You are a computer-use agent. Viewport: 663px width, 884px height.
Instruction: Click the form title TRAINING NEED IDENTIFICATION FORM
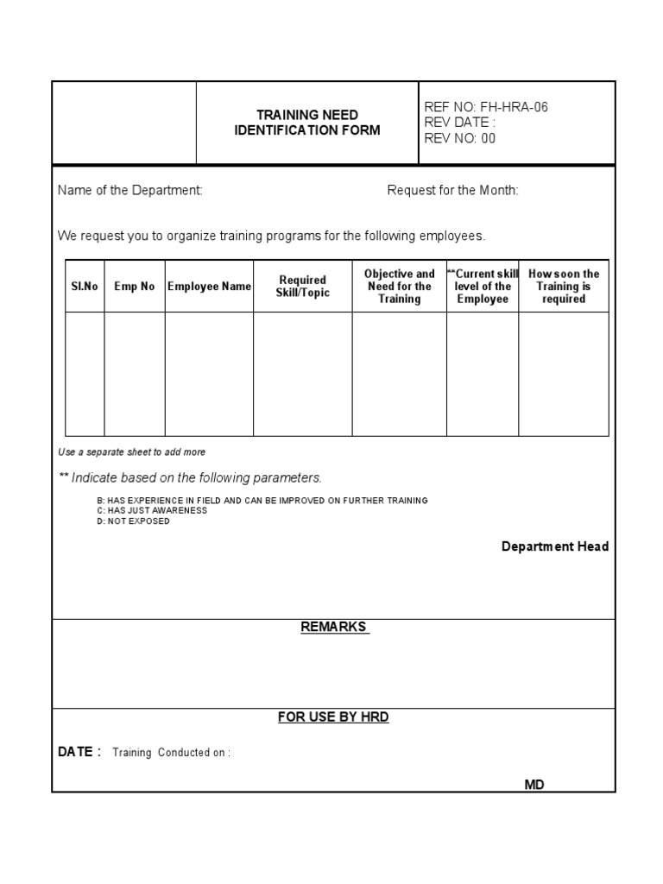[306, 123]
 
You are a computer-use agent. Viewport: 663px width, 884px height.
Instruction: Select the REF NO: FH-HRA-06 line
[486, 107]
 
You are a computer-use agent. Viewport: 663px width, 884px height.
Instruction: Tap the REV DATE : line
[460, 123]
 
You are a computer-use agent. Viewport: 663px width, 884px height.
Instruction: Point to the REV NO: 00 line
[460, 138]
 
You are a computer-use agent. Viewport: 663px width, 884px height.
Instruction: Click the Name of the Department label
[130, 190]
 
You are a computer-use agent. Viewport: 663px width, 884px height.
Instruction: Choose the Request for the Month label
[452, 190]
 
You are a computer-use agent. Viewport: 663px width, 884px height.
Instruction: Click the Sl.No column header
[85, 287]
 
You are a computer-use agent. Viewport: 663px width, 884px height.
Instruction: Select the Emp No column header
[135, 287]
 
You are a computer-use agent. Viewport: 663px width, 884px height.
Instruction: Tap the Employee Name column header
[209, 287]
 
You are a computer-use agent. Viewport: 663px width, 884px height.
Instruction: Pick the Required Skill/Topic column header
[302, 287]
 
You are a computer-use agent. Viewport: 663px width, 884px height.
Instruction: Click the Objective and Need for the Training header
[399, 287]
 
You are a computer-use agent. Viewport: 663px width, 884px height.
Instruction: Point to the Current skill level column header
[483, 287]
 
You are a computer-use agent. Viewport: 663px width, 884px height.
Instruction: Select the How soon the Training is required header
[564, 287]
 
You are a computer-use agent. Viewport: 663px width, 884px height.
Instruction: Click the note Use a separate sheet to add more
[131, 452]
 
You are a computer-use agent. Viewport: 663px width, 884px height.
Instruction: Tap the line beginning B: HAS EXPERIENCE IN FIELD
[262, 501]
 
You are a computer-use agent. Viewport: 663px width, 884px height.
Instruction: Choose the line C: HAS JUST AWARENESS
[152, 510]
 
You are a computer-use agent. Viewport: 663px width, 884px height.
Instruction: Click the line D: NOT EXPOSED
[133, 521]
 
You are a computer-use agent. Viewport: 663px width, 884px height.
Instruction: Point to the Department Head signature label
[555, 546]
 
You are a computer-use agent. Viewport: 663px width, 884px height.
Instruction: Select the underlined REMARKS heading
[334, 627]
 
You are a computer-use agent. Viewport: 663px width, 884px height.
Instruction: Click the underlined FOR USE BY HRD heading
[333, 717]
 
